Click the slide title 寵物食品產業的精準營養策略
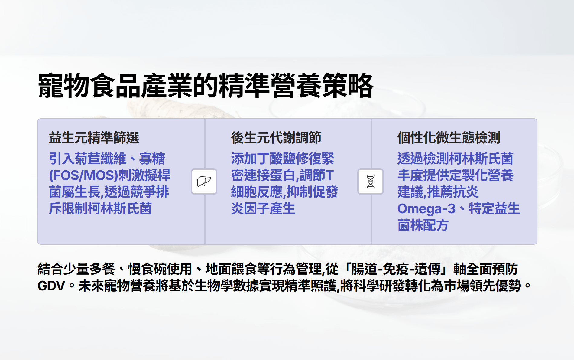pos(206,86)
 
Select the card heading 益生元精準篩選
pos(94,138)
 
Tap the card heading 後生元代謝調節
pos(276,138)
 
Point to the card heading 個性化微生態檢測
pos(449,138)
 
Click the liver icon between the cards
pos(204,182)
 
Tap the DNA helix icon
pos(371,182)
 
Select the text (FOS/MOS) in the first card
pos(83,175)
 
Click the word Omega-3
pos(426,209)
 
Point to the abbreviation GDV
pos(51,286)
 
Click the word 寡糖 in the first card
pos(152,159)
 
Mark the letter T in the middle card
pos(329,175)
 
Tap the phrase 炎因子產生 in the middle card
pos(263,209)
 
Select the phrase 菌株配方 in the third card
pos(423,225)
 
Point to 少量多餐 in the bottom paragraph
pos(89,269)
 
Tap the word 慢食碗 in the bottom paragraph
pos(147,269)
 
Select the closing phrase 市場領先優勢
pos(483,286)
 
